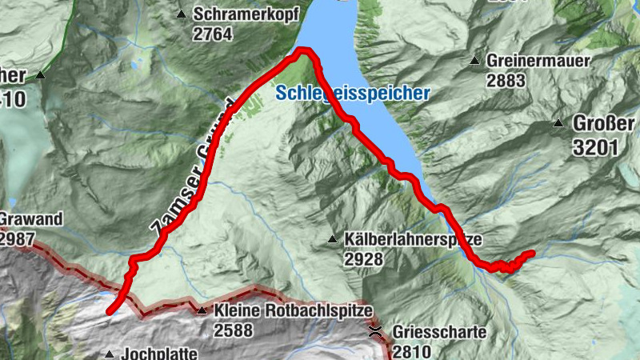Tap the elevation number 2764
click(213, 34)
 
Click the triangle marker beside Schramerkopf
click(182, 14)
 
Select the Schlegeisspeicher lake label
click(353, 93)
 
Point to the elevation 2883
click(510, 80)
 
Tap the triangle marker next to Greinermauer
click(475, 60)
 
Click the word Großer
click(603, 123)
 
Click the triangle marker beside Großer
click(558, 123)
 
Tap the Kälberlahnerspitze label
click(415, 239)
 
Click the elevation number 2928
click(364, 259)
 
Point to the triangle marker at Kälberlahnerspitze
click(332, 239)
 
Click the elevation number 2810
click(410, 350)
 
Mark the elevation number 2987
click(18, 238)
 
